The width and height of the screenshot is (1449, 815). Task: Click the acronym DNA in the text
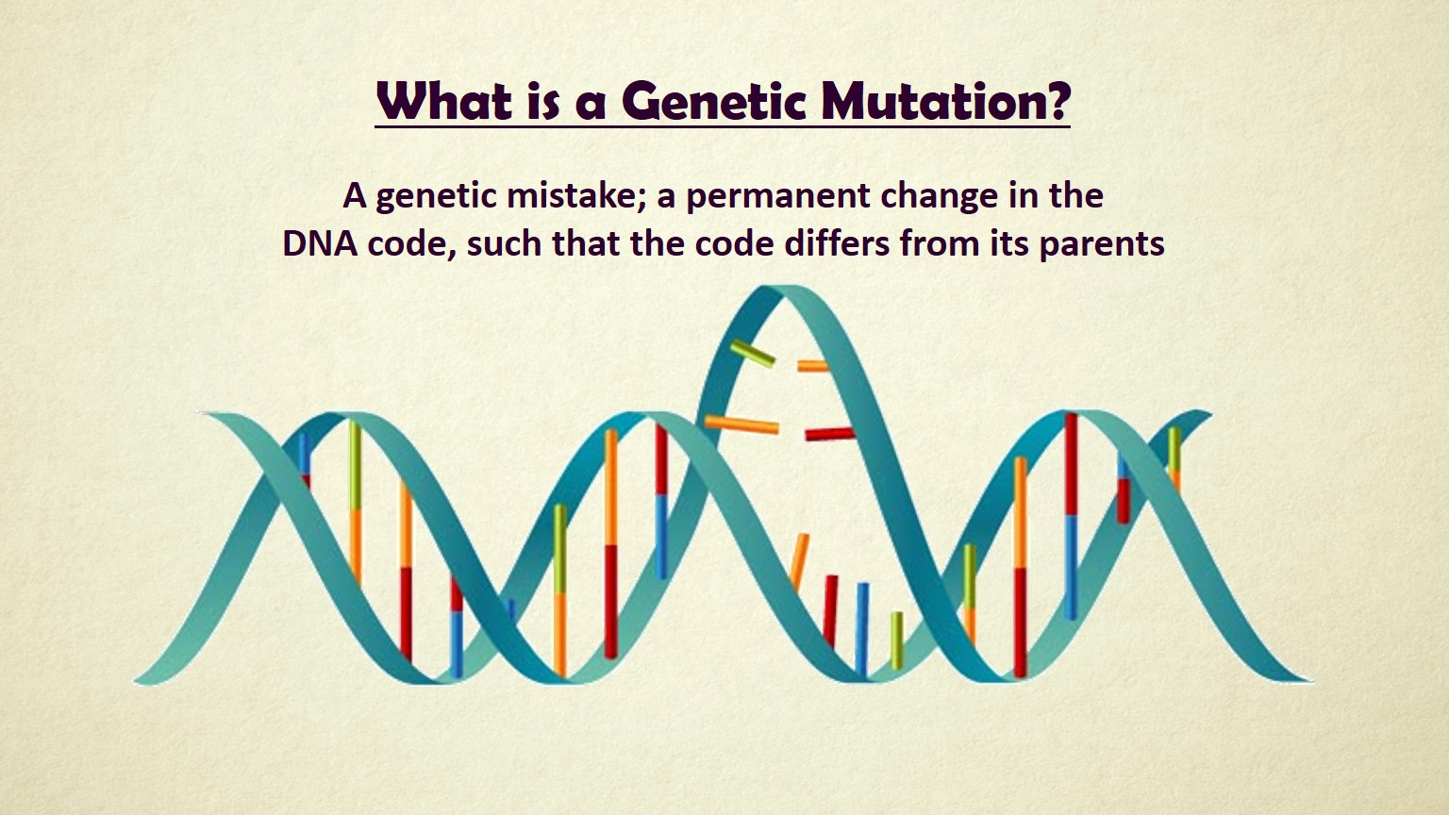(320, 244)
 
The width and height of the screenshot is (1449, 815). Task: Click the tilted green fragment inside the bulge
(752, 354)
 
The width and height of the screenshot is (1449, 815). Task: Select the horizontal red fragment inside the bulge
(830, 433)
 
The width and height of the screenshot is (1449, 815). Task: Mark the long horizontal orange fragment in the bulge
(741, 424)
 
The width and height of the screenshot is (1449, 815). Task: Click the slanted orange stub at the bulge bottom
(800, 561)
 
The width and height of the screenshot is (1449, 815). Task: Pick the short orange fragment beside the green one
(812, 366)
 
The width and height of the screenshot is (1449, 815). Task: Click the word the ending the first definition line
(1076, 194)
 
